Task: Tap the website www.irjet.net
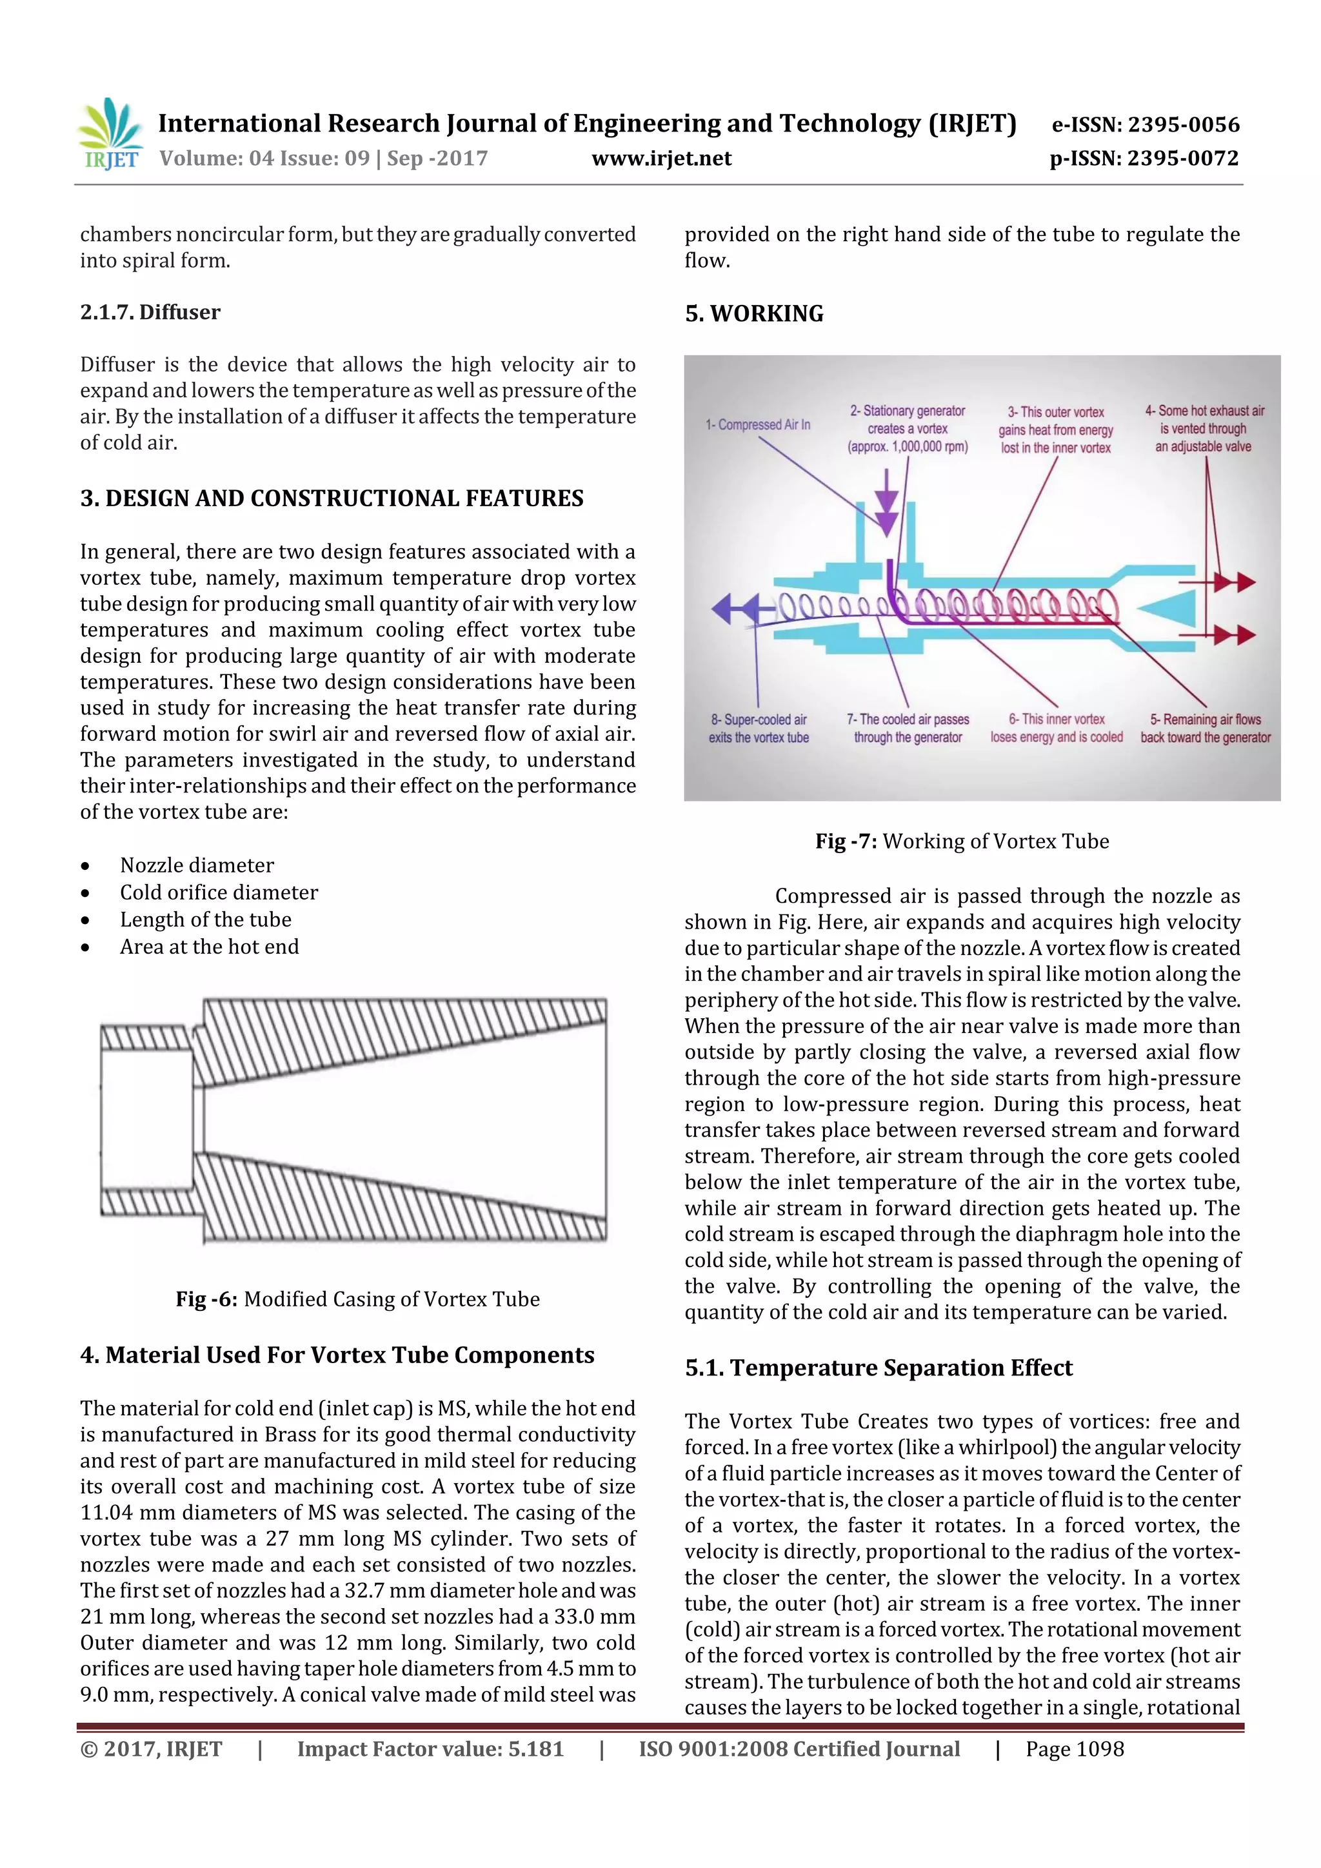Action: point(661,158)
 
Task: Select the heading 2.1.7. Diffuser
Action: point(150,313)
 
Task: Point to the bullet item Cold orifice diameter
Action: point(218,892)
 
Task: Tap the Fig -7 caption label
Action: point(846,841)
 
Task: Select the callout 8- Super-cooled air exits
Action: point(758,728)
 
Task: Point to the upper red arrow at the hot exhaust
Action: point(1233,582)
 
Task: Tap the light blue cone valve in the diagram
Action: point(1169,609)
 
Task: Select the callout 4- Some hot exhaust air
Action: point(1204,429)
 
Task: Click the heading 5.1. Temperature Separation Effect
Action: point(879,1368)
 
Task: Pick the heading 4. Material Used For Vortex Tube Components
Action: point(337,1355)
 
